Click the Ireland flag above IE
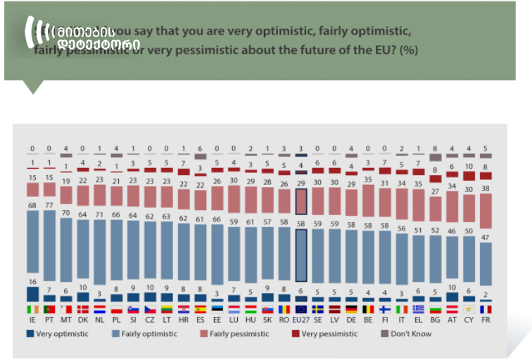(x=32, y=309)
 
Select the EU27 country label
(x=300, y=320)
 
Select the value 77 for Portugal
(x=49, y=205)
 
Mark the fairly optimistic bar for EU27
(x=300, y=257)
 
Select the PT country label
(x=49, y=320)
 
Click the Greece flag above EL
(x=419, y=309)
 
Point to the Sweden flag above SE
(x=317, y=309)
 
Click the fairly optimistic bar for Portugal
(x=49, y=250)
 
